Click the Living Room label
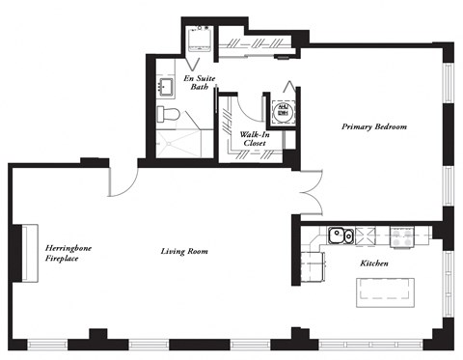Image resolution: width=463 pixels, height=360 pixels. click(184, 252)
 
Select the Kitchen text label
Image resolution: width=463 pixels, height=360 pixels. click(373, 263)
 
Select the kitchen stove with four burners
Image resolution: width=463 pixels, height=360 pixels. click(399, 234)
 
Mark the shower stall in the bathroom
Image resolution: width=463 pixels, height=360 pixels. click(178, 145)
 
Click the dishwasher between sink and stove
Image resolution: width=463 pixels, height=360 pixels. click(367, 234)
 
